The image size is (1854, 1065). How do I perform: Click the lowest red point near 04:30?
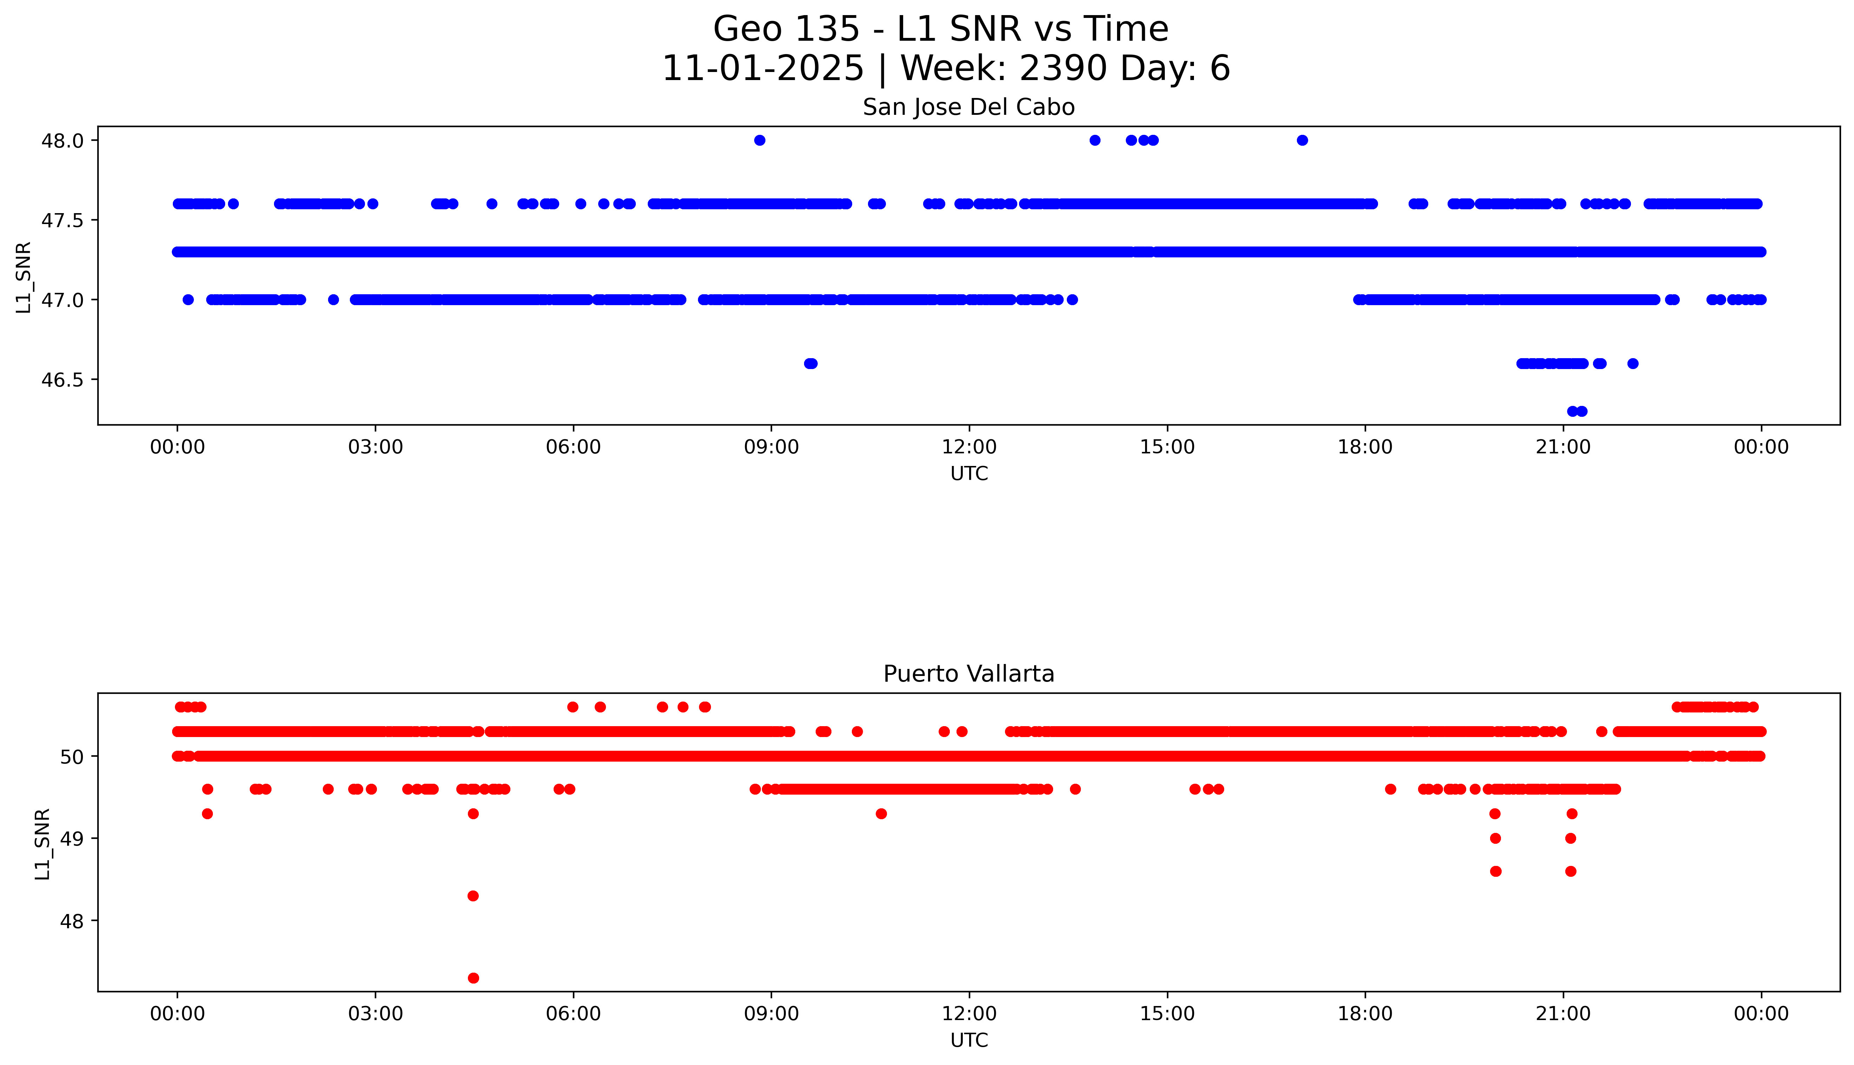tap(474, 978)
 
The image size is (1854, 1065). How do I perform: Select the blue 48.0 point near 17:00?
tap(1303, 140)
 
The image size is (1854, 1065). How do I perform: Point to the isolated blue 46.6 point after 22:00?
tap(1633, 363)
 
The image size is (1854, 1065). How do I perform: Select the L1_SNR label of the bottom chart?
tap(43, 843)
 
